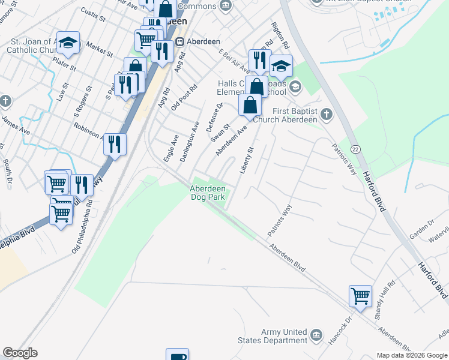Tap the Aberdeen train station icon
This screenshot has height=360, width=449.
[x=179, y=43]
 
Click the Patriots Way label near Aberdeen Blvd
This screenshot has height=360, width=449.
[x=280, y=219]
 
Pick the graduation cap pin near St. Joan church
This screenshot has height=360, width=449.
[x=68, y=42]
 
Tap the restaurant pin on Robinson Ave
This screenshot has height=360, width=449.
[x=115, y=144]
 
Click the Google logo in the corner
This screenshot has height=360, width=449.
[x=20, y=353]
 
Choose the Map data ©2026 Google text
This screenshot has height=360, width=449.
[x=412, y=355]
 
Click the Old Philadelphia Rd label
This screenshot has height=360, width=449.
[x=83, y=227]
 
